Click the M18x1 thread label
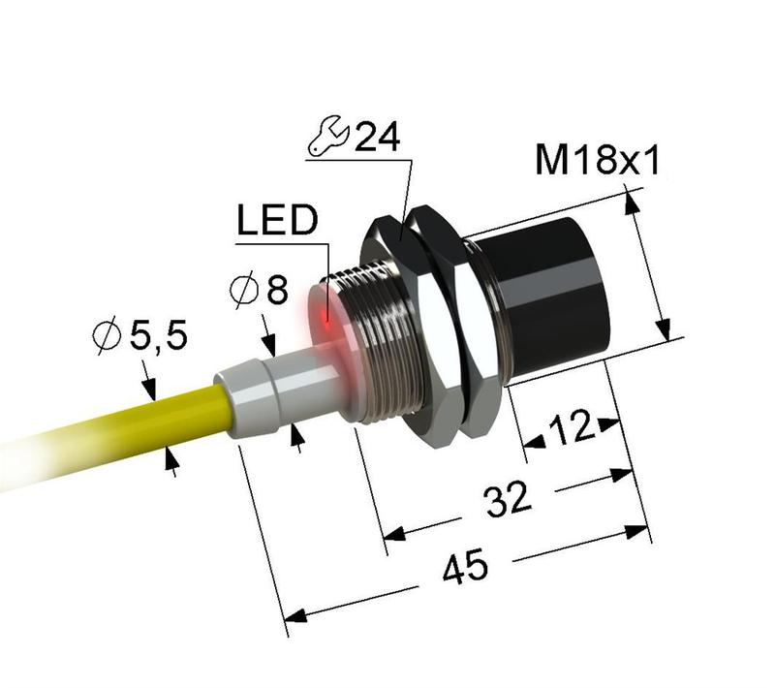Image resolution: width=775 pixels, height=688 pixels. click(597, 160)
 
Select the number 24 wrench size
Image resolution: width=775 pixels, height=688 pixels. click(376, 138)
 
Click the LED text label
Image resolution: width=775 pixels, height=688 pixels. click(276, 222)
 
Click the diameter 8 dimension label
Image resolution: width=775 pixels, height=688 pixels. click(258, 290)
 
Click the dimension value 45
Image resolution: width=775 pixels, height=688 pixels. click(464, 570)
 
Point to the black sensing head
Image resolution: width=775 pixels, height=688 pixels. click(557, 291)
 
